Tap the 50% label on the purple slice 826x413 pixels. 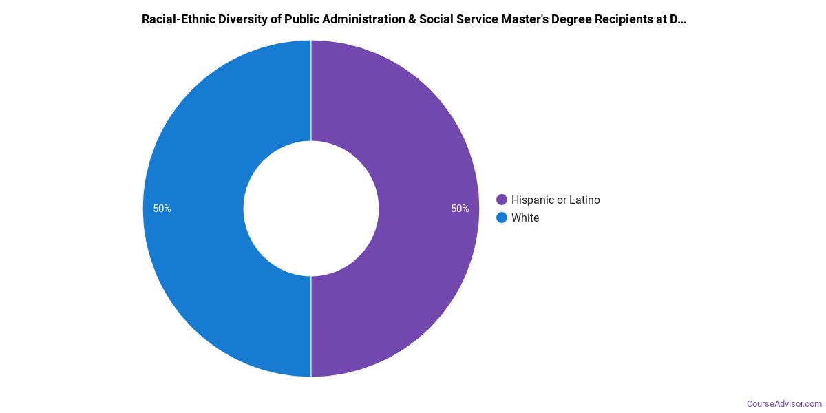(x=460, y=209)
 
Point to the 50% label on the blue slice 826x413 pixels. (x=162, y=209)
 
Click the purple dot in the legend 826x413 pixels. (x=502, y=200)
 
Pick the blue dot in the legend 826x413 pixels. (x=502, y=218)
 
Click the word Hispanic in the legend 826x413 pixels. (x=534, y=200)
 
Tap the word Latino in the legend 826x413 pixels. (x=584, y=200)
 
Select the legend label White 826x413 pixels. (x=525, y=218)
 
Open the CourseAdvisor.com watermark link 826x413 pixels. (x=784, y=403)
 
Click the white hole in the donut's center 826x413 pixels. (x=311, y=209)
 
